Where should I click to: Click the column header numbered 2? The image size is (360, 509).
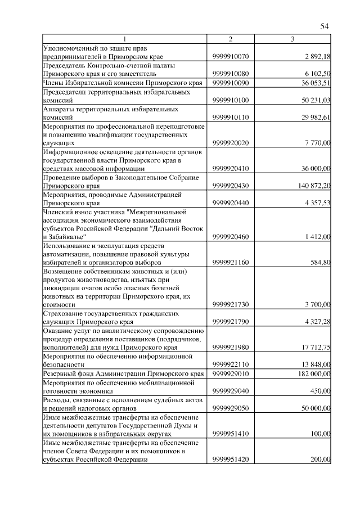tap(231, 39)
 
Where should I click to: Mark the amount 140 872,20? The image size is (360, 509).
tap(314, 186)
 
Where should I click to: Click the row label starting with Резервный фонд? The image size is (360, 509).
tap(123, 373)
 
